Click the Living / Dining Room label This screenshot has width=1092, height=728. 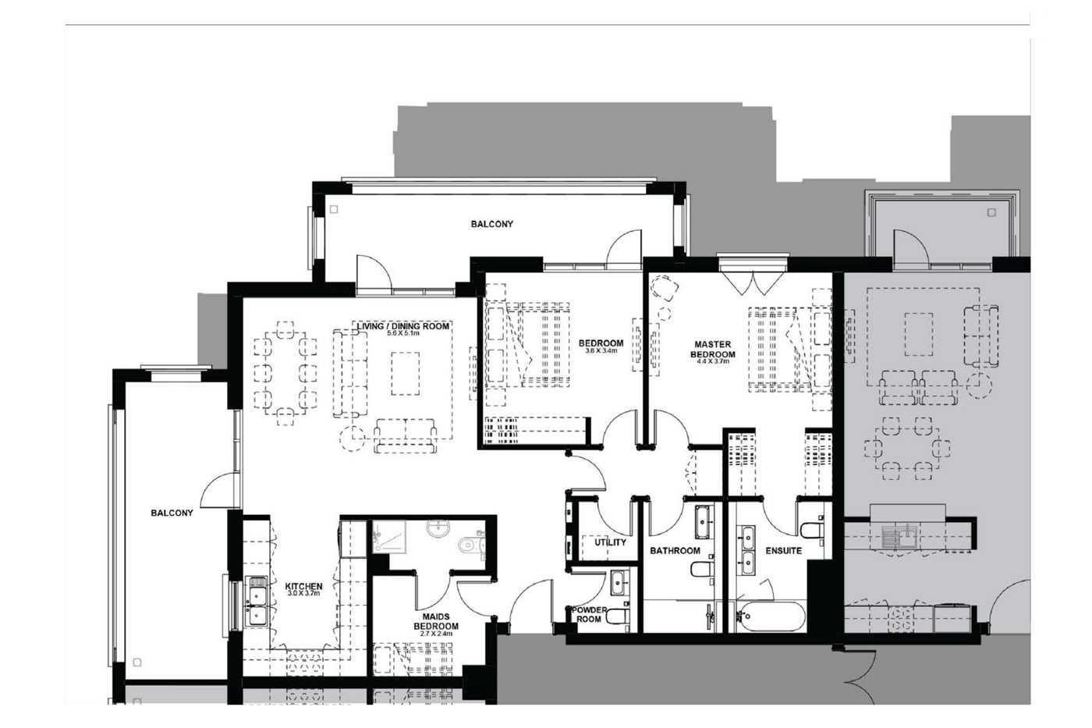pyautogui.click(x=403, y=326)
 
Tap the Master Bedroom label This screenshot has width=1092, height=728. pyautogui.click(x=713, y=349)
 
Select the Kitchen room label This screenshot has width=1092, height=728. pyautogui.click(x=303, y=587)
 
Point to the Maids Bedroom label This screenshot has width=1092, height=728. pyautogui.click(x=436, y=621)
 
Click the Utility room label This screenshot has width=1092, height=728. pyautogui.click(x=610, y=542)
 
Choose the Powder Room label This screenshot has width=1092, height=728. pyautogui.click(x=589, y=614)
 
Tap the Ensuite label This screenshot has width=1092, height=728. pyautogui.click(x=783, y=551)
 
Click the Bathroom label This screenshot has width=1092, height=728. pyautogui.click(x=675, y=551)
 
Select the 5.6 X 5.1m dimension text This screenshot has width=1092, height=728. pyautogui.click(x=403, y=333)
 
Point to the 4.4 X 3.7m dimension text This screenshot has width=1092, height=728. pyautogui.click(x=713, y=362)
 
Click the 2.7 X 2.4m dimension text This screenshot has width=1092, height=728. pyautogui.click(x=436, y=634)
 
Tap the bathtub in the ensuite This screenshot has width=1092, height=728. pyautogui.click(x=770, y=616)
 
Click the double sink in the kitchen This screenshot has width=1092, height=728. pyautogui.click(x=256, y=602)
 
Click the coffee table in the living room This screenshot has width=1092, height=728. pyautogui.click(x=405, y=374)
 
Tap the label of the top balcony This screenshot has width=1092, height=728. pyautogui.click(x=492, y=224)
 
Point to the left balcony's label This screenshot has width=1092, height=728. pyautogui.click(x=172, y=513)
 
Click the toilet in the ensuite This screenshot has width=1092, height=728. pyautogui.click(x=812, y=530)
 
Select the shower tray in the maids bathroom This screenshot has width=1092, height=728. pyautogui.click(x=389, y=537)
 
